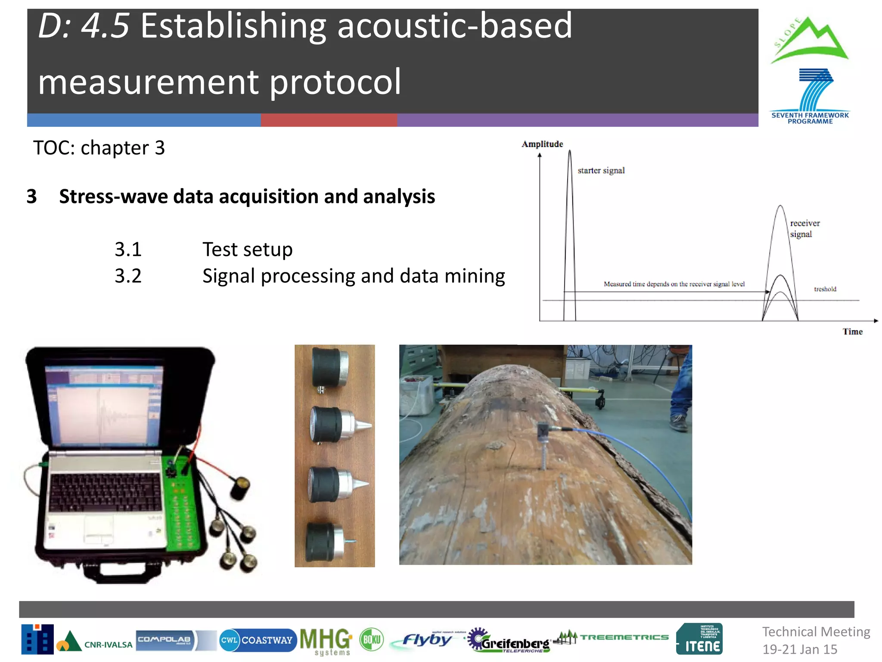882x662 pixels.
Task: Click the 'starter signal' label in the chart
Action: pyautogui.click(x=601, y=171)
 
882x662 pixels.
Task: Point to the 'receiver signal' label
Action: pyautogui.click(x=804, y=228)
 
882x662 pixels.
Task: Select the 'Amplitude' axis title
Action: pyautogui.click(x=542, y=144)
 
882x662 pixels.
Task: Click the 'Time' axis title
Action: pyautogui.click(x=852, y=331)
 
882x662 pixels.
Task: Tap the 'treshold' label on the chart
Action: pyautogui.click(x=825, y=289)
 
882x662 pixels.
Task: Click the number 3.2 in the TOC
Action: pyautogui.click(x=128, y=276)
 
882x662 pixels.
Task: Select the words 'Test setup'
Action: pyautogui.click(x=247, y=250)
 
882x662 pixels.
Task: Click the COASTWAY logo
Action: pyautogui.click(x=258, y=640)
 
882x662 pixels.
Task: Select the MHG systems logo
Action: pyautogui.click(x=326, y=641)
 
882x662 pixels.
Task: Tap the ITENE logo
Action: pyautogui.click(x=699, y=639)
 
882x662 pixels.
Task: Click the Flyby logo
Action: pyautogui.click(x=426, y=640)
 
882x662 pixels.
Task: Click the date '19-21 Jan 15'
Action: pyautogui.click(x=800, y=649)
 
